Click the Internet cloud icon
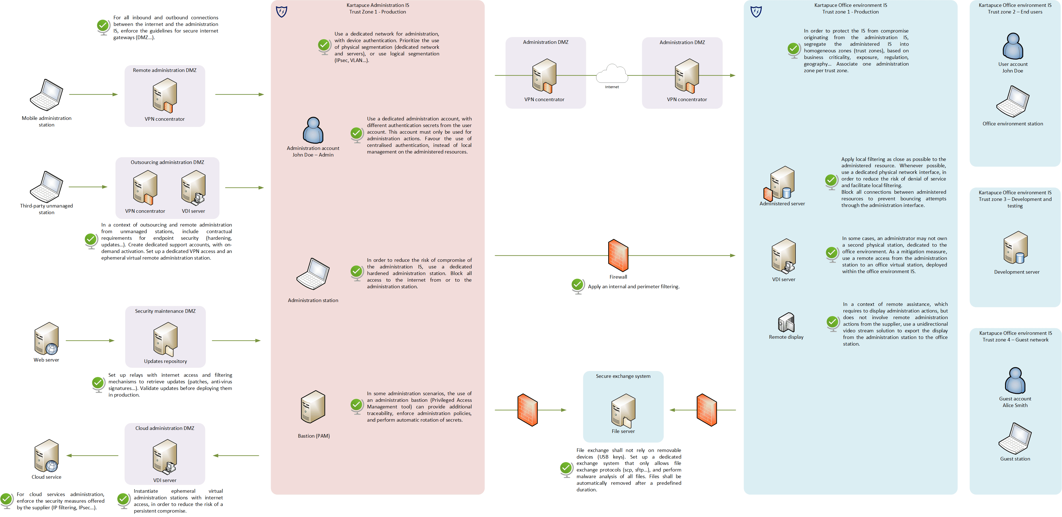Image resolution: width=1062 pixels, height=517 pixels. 612,74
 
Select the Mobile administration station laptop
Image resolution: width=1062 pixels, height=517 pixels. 47,95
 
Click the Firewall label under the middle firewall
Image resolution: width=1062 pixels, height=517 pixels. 618,277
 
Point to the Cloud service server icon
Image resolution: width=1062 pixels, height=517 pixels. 47,456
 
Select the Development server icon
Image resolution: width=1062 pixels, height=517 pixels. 1016,247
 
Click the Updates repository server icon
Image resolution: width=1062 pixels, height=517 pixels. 165,339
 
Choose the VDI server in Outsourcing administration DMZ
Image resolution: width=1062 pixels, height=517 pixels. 193,188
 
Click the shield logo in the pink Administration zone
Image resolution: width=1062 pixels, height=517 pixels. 282,12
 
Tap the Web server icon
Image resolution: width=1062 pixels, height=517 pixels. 47,339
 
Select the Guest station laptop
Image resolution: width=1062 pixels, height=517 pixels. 1015,439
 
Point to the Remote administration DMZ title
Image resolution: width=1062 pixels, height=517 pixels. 164,70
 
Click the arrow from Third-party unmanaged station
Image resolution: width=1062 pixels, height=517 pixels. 88,187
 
